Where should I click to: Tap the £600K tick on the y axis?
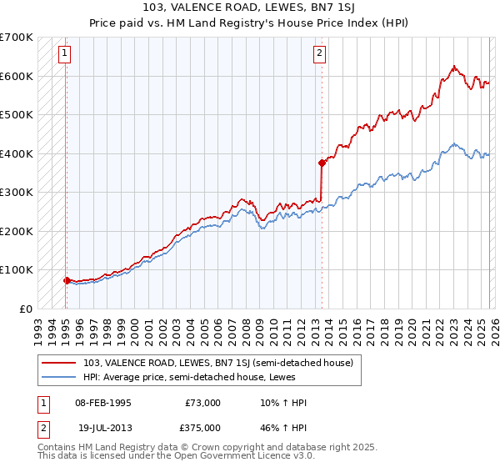click(17, 76)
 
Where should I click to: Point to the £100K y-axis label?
click(17, 270)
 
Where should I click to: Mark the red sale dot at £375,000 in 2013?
click(321, 163)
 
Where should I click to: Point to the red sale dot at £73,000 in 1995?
click(67, 280)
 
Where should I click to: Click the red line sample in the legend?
click(60, 363)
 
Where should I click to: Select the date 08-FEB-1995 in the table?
click(102, 402)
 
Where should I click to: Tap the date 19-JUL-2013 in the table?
click(102, 427)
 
